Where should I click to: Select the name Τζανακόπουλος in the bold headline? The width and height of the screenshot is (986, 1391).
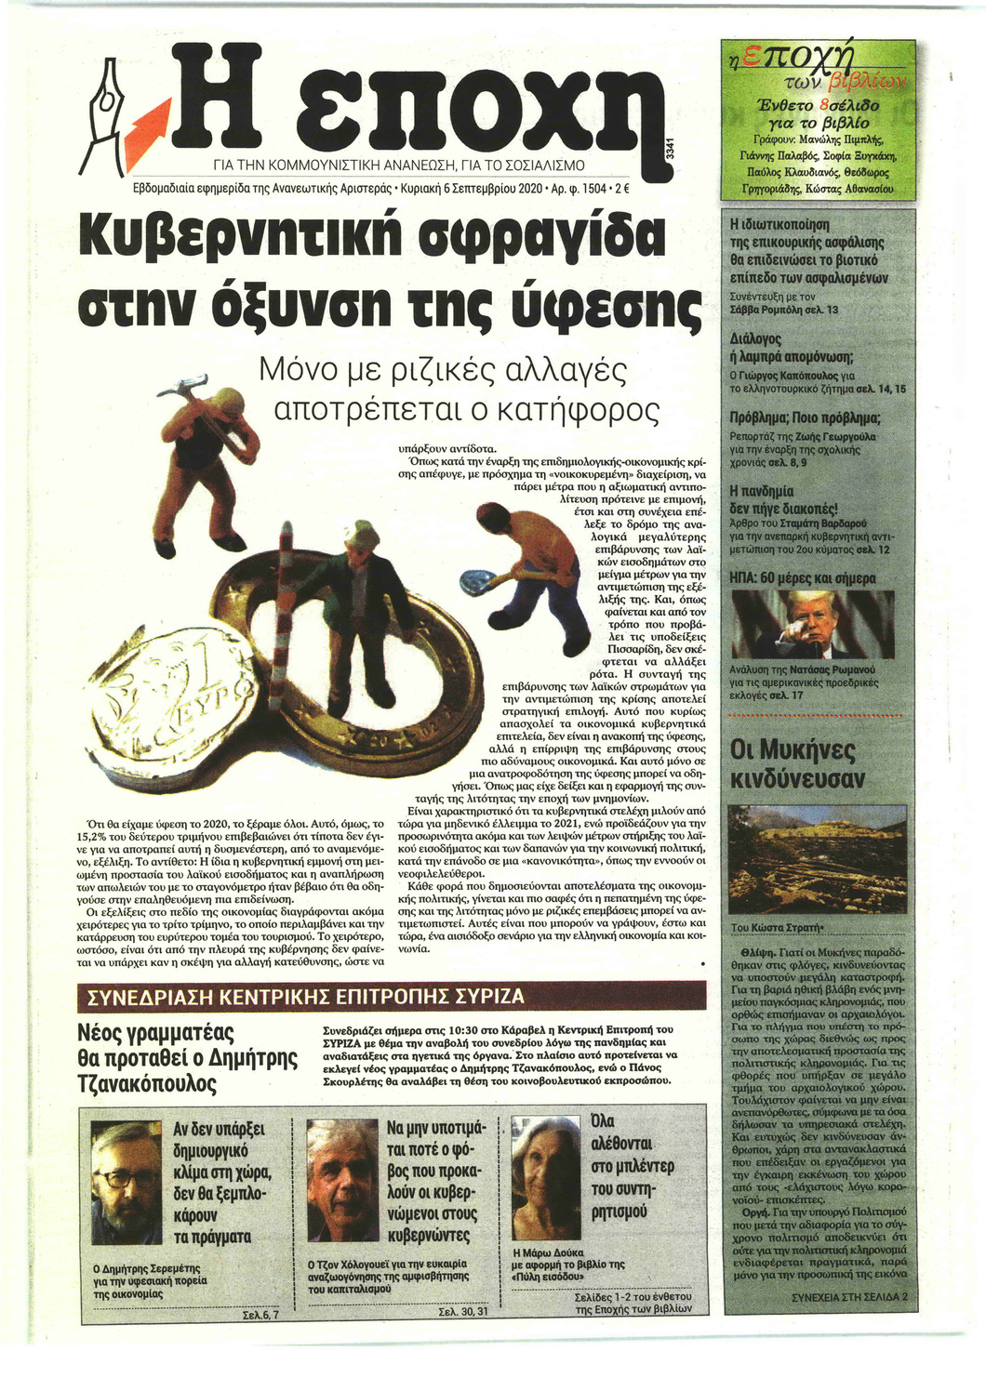(148, 1083)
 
